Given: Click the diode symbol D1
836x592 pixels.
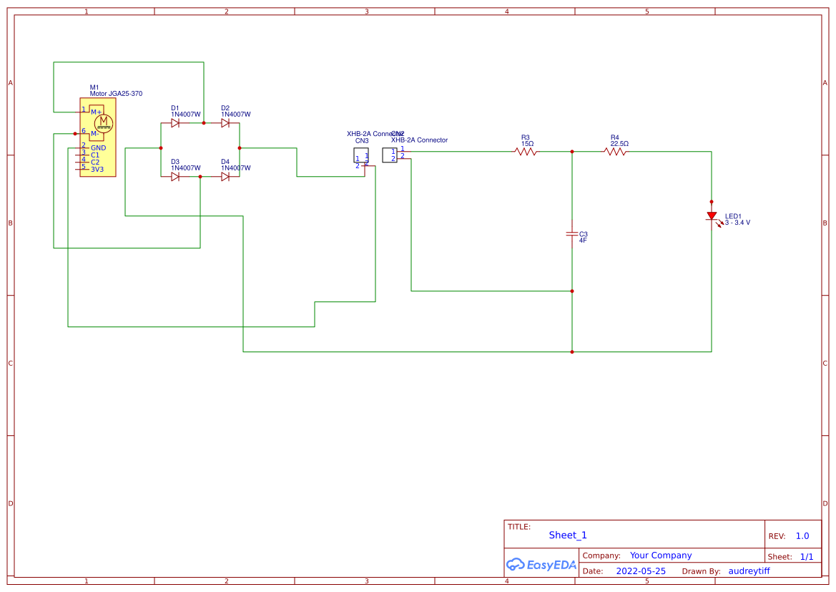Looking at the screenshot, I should click(x=175, y=123).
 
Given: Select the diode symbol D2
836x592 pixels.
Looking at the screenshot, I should click(x=225, y=123).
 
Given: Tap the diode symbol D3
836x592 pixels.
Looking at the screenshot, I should click(x=175, y=177).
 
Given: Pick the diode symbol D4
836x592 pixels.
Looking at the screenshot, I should click(x=225, y=177).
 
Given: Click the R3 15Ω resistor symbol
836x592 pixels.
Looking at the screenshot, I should click(x=526, y=152).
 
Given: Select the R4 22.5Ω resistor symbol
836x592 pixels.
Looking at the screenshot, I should click(x=615, y=152).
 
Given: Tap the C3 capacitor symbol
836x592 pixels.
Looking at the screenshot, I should click(x=571, y=234).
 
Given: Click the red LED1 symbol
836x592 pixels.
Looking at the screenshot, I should click(x=712, y=215).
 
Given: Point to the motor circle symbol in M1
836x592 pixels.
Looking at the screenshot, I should click(x=104, y=124).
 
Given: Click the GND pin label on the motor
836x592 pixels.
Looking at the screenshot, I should click(x=98, y=148).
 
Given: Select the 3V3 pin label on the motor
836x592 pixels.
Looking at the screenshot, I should click(x=97, y=170).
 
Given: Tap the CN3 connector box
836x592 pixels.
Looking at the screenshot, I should click(x=361, y=155).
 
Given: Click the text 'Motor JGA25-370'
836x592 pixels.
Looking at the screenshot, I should click(x=116, y=94).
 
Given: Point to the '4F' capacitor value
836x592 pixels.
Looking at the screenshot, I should click(x=583, y=241).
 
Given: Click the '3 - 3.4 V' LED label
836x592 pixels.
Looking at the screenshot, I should click(x=737, y=223).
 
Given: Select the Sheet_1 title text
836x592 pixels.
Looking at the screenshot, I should click(x=568, y=535).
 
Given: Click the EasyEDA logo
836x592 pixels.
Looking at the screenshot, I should click(x=541, y=564).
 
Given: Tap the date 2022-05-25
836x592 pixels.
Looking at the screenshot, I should click(x=641, y=571).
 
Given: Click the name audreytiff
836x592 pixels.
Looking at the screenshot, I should click(x=749, y=571).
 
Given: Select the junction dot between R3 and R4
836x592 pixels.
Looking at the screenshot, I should click(x=572, y=152).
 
